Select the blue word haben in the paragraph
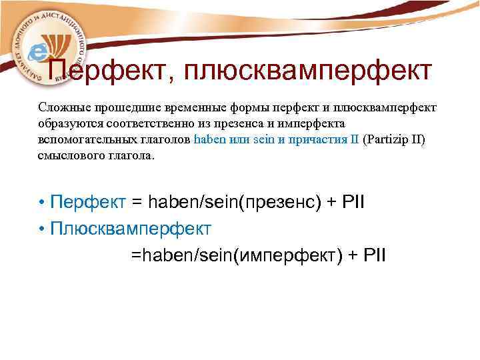click(x=209, y=140)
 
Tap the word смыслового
click(x=71, y=156)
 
